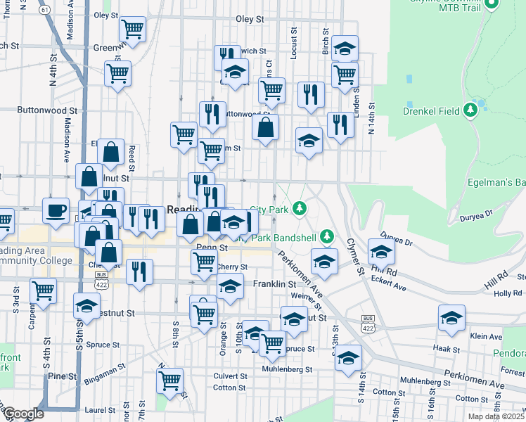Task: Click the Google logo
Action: tap(23, 414)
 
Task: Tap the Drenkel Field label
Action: tap(431, 110)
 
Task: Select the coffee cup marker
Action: tap(56, 209)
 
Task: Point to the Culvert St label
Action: tap(230, 376)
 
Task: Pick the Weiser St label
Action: tap(307, 298)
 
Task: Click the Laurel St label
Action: tap(99, 409)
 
